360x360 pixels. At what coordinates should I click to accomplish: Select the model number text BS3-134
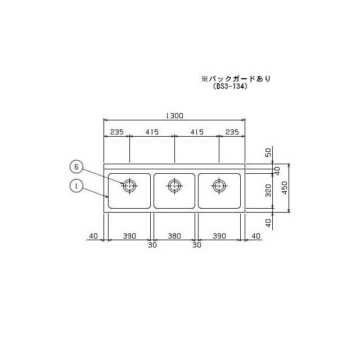231,87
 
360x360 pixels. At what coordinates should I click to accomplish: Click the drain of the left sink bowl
130,185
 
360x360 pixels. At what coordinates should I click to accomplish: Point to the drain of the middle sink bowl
174,185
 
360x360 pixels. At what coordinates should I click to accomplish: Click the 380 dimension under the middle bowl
174,236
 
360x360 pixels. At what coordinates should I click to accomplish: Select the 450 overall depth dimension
285,189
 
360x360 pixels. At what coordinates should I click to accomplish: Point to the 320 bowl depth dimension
268,190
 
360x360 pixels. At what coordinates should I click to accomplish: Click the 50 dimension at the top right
268,152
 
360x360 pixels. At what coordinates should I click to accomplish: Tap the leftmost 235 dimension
116,132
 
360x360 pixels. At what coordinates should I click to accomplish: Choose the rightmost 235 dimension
232,132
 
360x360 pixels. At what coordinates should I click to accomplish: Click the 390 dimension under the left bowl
130,236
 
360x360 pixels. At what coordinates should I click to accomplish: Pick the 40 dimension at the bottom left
93,236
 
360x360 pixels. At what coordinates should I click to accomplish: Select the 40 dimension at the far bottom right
256,236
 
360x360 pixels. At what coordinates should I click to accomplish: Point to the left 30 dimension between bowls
152,245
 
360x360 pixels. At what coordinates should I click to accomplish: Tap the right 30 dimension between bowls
197,245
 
